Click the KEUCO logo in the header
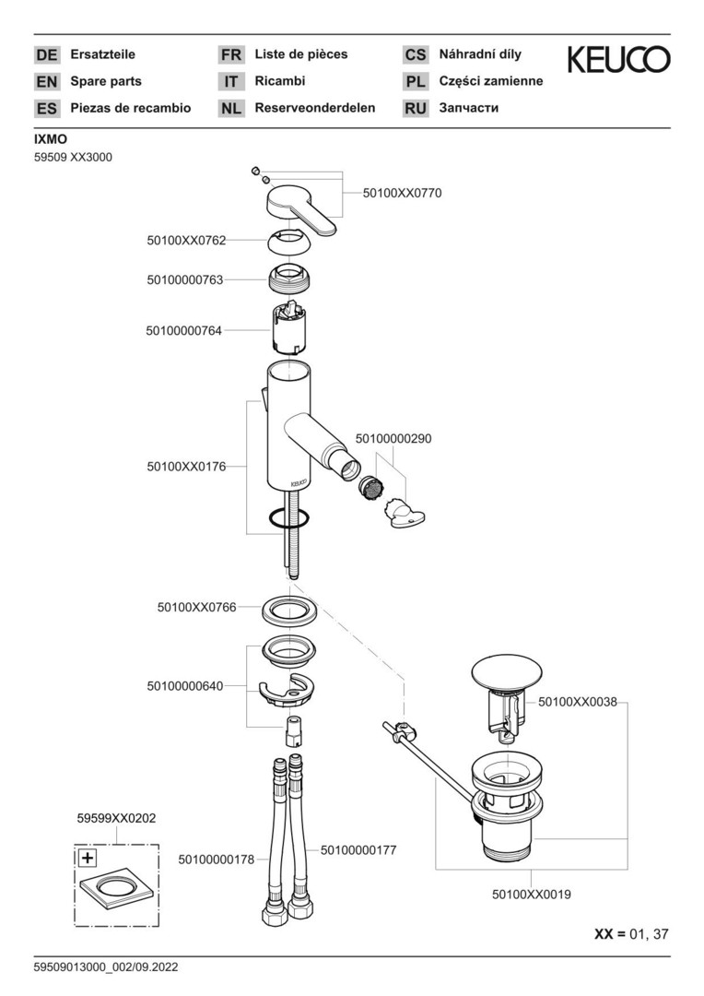617,60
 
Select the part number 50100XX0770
403,193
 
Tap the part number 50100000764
183,330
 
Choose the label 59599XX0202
116,817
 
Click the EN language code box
46,81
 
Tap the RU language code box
416,108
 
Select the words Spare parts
106,81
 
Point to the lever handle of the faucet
301,209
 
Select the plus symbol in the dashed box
87,859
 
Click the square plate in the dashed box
116,893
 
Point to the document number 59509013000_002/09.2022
105,967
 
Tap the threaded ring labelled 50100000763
287,278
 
